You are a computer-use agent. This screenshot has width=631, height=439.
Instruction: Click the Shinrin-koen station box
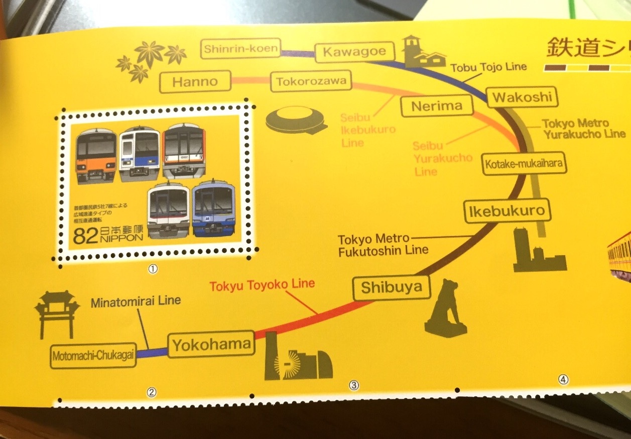point(240,49)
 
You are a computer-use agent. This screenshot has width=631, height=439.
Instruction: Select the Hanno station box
point(195,81)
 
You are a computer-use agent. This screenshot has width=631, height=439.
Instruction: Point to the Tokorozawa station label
point(311,82)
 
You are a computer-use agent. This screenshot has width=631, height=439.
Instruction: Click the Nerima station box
point(437,106)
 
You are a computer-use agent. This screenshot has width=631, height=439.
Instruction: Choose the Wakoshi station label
point(522,97)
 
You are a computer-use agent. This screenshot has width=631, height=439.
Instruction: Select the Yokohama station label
point(211,345)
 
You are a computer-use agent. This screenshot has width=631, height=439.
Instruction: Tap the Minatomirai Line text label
point(136,302)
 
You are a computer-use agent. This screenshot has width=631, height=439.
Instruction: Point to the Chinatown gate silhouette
point(57,313)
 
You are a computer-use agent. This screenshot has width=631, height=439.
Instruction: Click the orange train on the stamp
point(96,156)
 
